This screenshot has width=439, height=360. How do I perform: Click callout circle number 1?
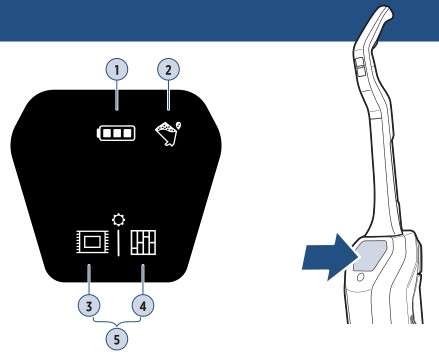(x=117, y=70)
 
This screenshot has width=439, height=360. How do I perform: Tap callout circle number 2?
(x=168, y=70)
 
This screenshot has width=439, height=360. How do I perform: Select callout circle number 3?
(x=89, y=306)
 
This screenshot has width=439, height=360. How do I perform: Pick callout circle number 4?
(x=143, y=306)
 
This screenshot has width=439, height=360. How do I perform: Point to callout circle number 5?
(x=117, y=339)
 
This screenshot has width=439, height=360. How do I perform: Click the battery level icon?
(x=116, y=133)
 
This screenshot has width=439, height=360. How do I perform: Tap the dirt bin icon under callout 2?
(x=168, y=134)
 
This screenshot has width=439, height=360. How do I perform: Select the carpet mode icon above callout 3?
(x=92, y=242)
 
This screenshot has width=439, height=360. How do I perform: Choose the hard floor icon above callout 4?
(x=143, y=242)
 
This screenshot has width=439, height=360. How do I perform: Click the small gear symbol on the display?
(x=119, y=220)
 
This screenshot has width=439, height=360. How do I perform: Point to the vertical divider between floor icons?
(x=119, y=242)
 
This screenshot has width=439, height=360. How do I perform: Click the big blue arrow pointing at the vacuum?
(x=330, y=257)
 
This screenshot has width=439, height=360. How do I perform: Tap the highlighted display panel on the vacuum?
(x=370, y=255)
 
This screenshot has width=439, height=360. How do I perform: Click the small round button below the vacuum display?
(x=360, y=277)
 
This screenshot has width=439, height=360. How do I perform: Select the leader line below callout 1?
(x=117, y=95)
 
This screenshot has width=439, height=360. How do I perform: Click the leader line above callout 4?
(x=143, y=280)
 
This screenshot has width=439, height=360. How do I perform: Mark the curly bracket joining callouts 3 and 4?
(x=117, y=322)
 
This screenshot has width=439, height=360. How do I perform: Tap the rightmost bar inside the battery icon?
(x=127, y=133)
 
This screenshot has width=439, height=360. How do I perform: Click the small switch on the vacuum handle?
(x=359, y=66)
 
